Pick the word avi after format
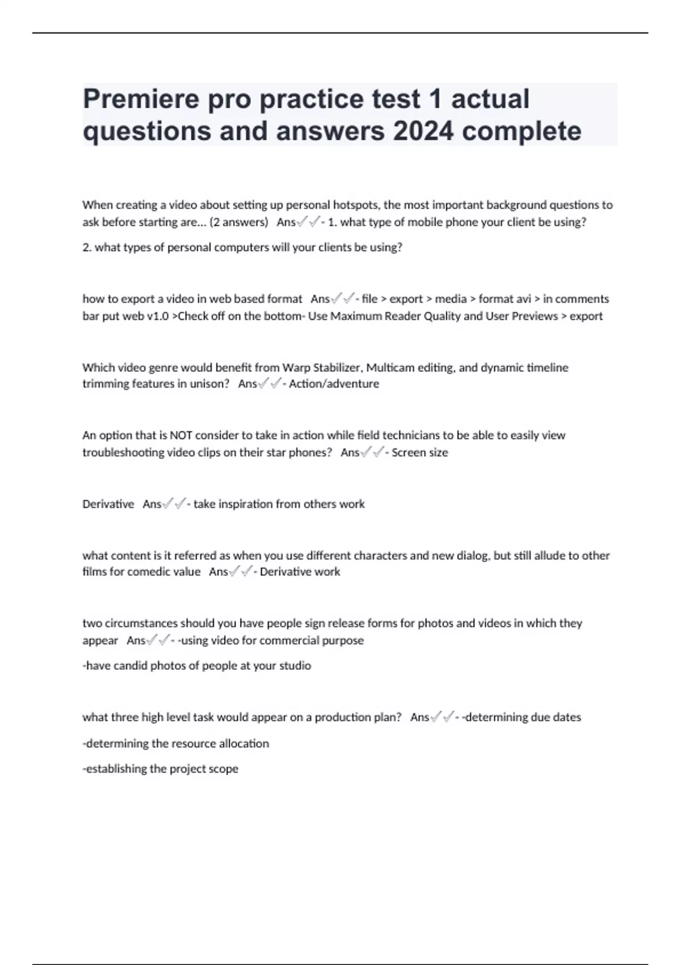[x=522, y=299]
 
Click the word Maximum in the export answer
[x=356, y=316]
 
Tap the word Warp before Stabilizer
[x=296, y=367]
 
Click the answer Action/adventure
[x=334, y=384]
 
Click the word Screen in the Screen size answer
[x=408, y=452]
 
